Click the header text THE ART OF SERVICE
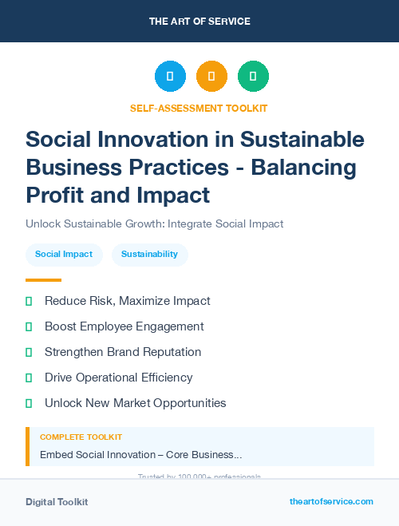click(x=199, y=22)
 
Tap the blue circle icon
click(x=170, y=77)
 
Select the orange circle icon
click(x=211, y=77)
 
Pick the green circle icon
click(x=253, y=77)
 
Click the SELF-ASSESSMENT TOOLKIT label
click(x=199, y=108)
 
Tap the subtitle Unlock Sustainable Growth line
click(x=154, y=223)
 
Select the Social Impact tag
click(x=64, y=255)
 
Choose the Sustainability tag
click(x=149, y=255)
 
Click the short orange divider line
click(x=43, y=280)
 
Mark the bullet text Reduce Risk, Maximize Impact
click(x=127, y=301)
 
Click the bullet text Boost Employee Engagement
click(x=124, y=326)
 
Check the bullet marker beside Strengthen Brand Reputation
click(x=29, y=352)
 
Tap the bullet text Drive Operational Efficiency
click(x=118, y=378)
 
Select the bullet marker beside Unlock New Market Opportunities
click(x=29, y=403)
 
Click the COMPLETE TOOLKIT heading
click(x=81, y=437)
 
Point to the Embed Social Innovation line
click(x=140, y=455)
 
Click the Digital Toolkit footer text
click(x=57, y=502)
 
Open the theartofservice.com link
click(x=331, y=501)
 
